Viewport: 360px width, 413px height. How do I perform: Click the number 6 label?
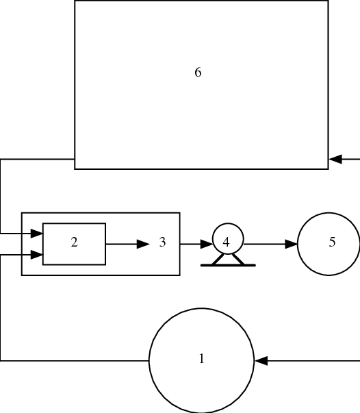point(198,73)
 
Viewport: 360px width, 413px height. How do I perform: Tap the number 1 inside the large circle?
point(201,358)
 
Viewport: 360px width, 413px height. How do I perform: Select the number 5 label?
point(332,242)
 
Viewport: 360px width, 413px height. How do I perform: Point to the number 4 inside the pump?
point(226,242)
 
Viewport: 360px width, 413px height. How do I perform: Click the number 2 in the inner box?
point(74,242)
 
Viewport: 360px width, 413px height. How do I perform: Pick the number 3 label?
point(162,242)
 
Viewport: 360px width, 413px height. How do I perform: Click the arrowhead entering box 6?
point(335,160)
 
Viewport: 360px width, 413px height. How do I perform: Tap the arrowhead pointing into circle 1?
point(261,360)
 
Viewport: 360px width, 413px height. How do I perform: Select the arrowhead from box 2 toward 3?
point(142,244)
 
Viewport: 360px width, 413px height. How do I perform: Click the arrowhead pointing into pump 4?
point(207,244)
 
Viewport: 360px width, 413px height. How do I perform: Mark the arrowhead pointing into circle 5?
point(292,244)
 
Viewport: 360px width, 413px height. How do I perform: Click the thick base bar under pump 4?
point(228,264)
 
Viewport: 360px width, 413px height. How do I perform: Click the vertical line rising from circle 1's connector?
point(1,308)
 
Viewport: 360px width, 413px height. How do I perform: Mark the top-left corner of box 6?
point(75,1)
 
